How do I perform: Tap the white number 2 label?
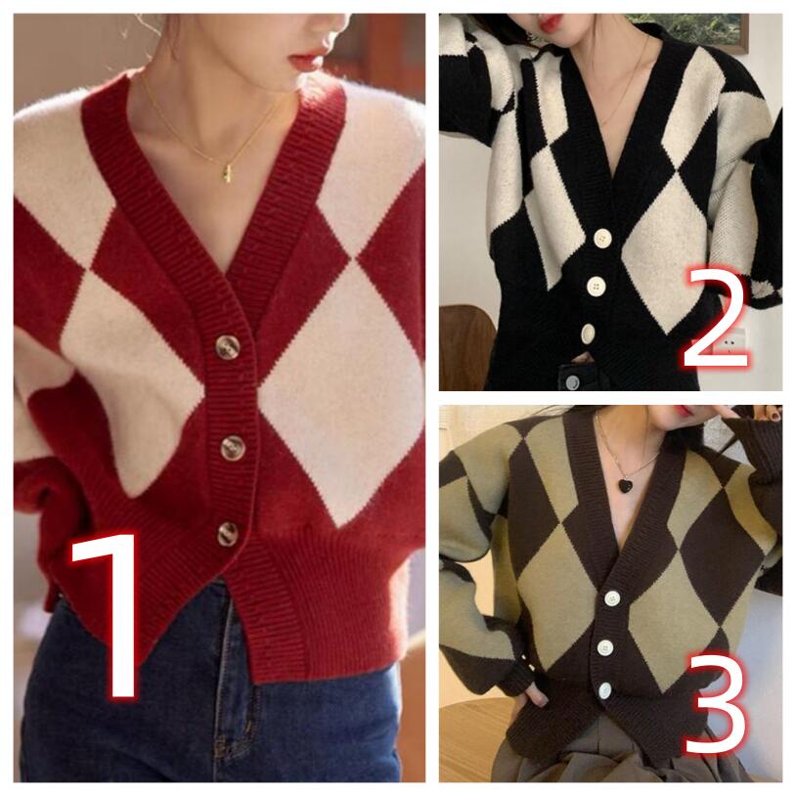716,318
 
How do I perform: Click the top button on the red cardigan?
228,346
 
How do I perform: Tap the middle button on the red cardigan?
233,448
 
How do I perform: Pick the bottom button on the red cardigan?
228,534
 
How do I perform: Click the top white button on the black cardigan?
602,239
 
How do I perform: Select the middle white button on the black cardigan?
596,286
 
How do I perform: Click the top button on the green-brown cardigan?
613,599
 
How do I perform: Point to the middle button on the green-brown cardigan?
605,647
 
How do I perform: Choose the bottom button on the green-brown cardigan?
604,691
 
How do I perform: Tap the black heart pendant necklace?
625,484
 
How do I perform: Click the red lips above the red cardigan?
303,63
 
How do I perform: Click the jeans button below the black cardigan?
573,380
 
